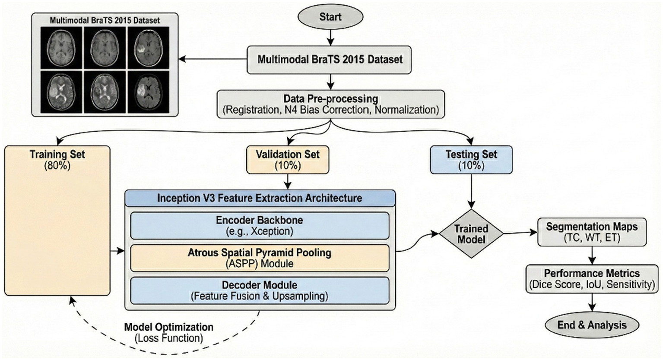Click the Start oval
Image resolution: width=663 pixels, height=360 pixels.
pyautogui.click(x=330, y=17)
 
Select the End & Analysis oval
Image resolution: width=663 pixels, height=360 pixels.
pyautogui.click(x=592, y=325)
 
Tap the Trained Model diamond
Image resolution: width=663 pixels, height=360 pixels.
pyautogui.click(x=471, y=234)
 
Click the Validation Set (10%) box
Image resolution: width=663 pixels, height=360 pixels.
pyautogui.click(x=288, y=159)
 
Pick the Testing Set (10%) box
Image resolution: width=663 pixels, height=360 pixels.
pyautogui.click(x=471, y=159)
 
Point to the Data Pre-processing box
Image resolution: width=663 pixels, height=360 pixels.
pyautogui.click(x=330, y=104)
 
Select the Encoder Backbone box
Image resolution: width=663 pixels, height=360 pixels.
pyautogui.click(x=260, y=225)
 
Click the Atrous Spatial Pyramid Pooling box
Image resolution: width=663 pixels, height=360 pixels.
pyautogui.click(x=260, y=258)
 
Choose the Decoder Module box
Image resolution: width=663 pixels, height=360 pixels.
pyautogui.click(x=260, y=291)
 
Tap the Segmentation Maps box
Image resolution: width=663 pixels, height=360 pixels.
pyautogui.click(x=592, y=232)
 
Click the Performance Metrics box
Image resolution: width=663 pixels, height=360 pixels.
pyautogui.click(x=592, y=279)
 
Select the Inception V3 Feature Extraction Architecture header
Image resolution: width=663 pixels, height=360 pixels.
pyautogui.click(x=260, y=198)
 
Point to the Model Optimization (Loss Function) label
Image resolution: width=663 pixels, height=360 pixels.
pyautogui.click(x=169, y=332)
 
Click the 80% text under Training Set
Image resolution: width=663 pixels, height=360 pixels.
pyautogui.click(x=57, y=166)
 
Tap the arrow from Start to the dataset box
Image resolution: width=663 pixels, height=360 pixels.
pyautogui.click(x=330, y=38)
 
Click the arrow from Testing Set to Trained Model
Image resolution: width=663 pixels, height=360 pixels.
pyautogui.click(x=471, y=191)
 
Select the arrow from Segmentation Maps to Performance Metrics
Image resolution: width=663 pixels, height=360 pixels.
pyautogui.click(x=592, y=256)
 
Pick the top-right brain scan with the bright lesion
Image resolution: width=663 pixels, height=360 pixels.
pyautogui.click(x=148, y=48)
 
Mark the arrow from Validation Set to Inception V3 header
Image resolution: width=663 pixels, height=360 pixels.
pyautogui.click(x=288, y=182)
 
